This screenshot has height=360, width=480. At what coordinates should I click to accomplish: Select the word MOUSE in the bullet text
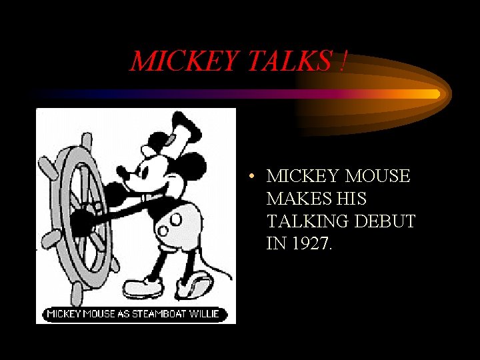click(x=378, y=176)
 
